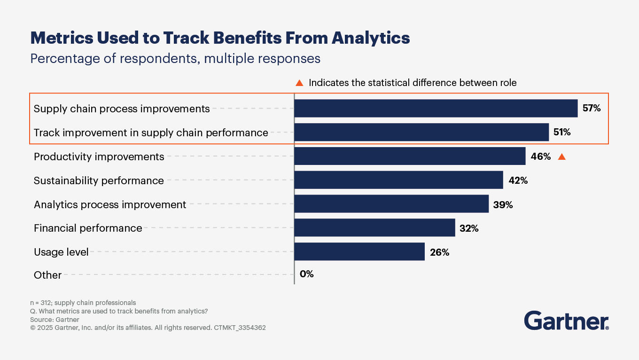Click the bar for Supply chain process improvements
436,109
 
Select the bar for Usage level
359,251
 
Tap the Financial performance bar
374,228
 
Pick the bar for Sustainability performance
398,180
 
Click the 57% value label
592,109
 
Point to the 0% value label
306,274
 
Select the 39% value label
503,204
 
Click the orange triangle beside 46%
561,157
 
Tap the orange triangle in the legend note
299,83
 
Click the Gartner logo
566,321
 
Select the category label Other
47,275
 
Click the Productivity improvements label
99,157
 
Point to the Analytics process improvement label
110,204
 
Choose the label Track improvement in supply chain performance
151,133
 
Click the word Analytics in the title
371,38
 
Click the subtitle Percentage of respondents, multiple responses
175,59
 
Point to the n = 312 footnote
83,303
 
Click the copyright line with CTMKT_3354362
148,328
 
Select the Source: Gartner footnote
55,320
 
